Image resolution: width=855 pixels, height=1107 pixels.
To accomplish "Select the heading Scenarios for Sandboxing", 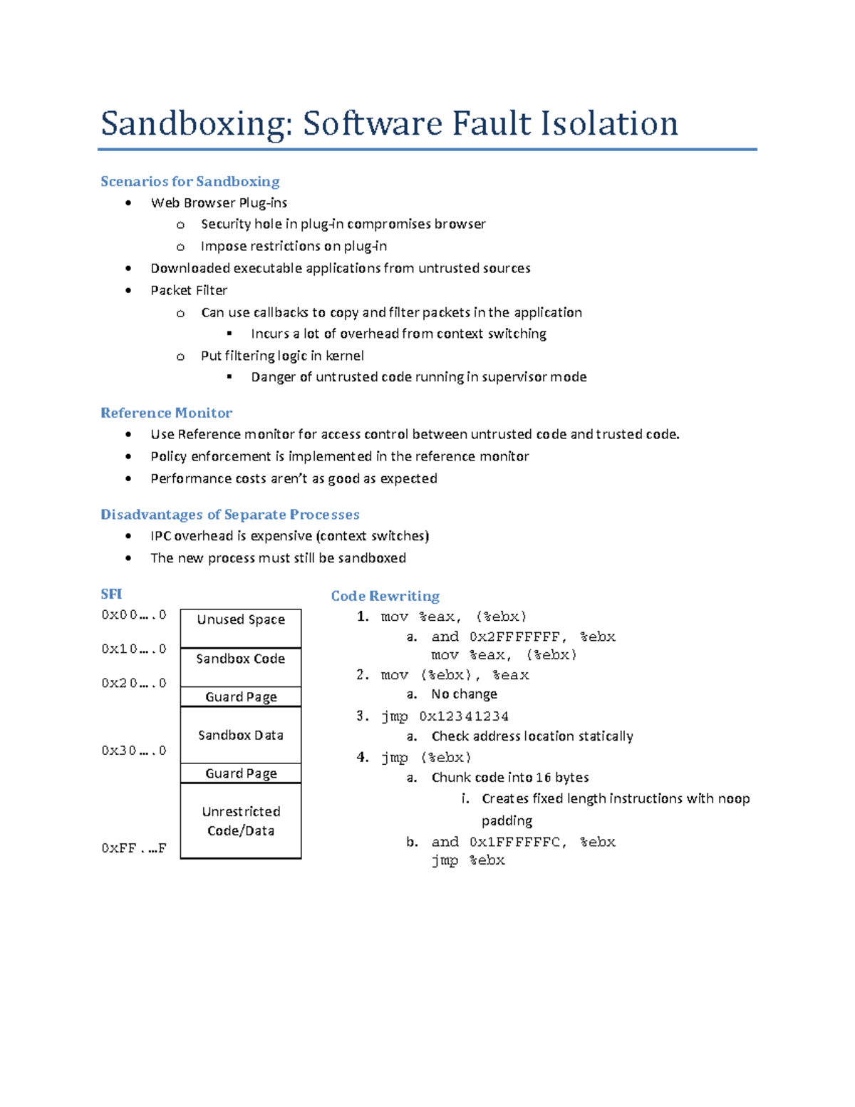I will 190,182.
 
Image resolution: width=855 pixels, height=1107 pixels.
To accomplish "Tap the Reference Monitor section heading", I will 166,413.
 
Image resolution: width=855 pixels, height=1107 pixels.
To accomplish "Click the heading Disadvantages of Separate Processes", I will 229,515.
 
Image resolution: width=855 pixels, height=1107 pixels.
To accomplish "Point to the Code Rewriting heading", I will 385,596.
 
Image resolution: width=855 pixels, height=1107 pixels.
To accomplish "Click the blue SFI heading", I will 111,594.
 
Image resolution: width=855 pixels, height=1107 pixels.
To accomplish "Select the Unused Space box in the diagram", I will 241,627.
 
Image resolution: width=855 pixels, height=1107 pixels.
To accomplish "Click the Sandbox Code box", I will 241,666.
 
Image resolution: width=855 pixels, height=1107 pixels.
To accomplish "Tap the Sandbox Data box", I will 241,735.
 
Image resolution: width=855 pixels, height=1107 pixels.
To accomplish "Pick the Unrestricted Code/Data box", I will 241,820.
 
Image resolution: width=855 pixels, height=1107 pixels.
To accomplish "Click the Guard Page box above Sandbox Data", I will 241,697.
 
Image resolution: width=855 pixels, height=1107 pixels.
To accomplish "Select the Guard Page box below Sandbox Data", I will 241,773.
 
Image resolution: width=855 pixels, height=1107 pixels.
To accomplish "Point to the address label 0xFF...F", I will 133,848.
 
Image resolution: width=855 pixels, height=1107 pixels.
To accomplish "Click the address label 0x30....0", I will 133,751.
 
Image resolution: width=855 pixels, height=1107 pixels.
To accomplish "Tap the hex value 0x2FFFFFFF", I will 514,637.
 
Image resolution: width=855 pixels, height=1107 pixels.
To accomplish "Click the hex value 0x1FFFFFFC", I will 514,843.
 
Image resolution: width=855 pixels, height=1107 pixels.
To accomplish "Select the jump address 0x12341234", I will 464,716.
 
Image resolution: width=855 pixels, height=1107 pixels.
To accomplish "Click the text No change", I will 464,694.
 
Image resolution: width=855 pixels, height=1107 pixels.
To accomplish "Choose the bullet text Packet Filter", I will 189,290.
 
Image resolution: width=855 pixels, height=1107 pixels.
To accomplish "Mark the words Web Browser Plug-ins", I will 219,203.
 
